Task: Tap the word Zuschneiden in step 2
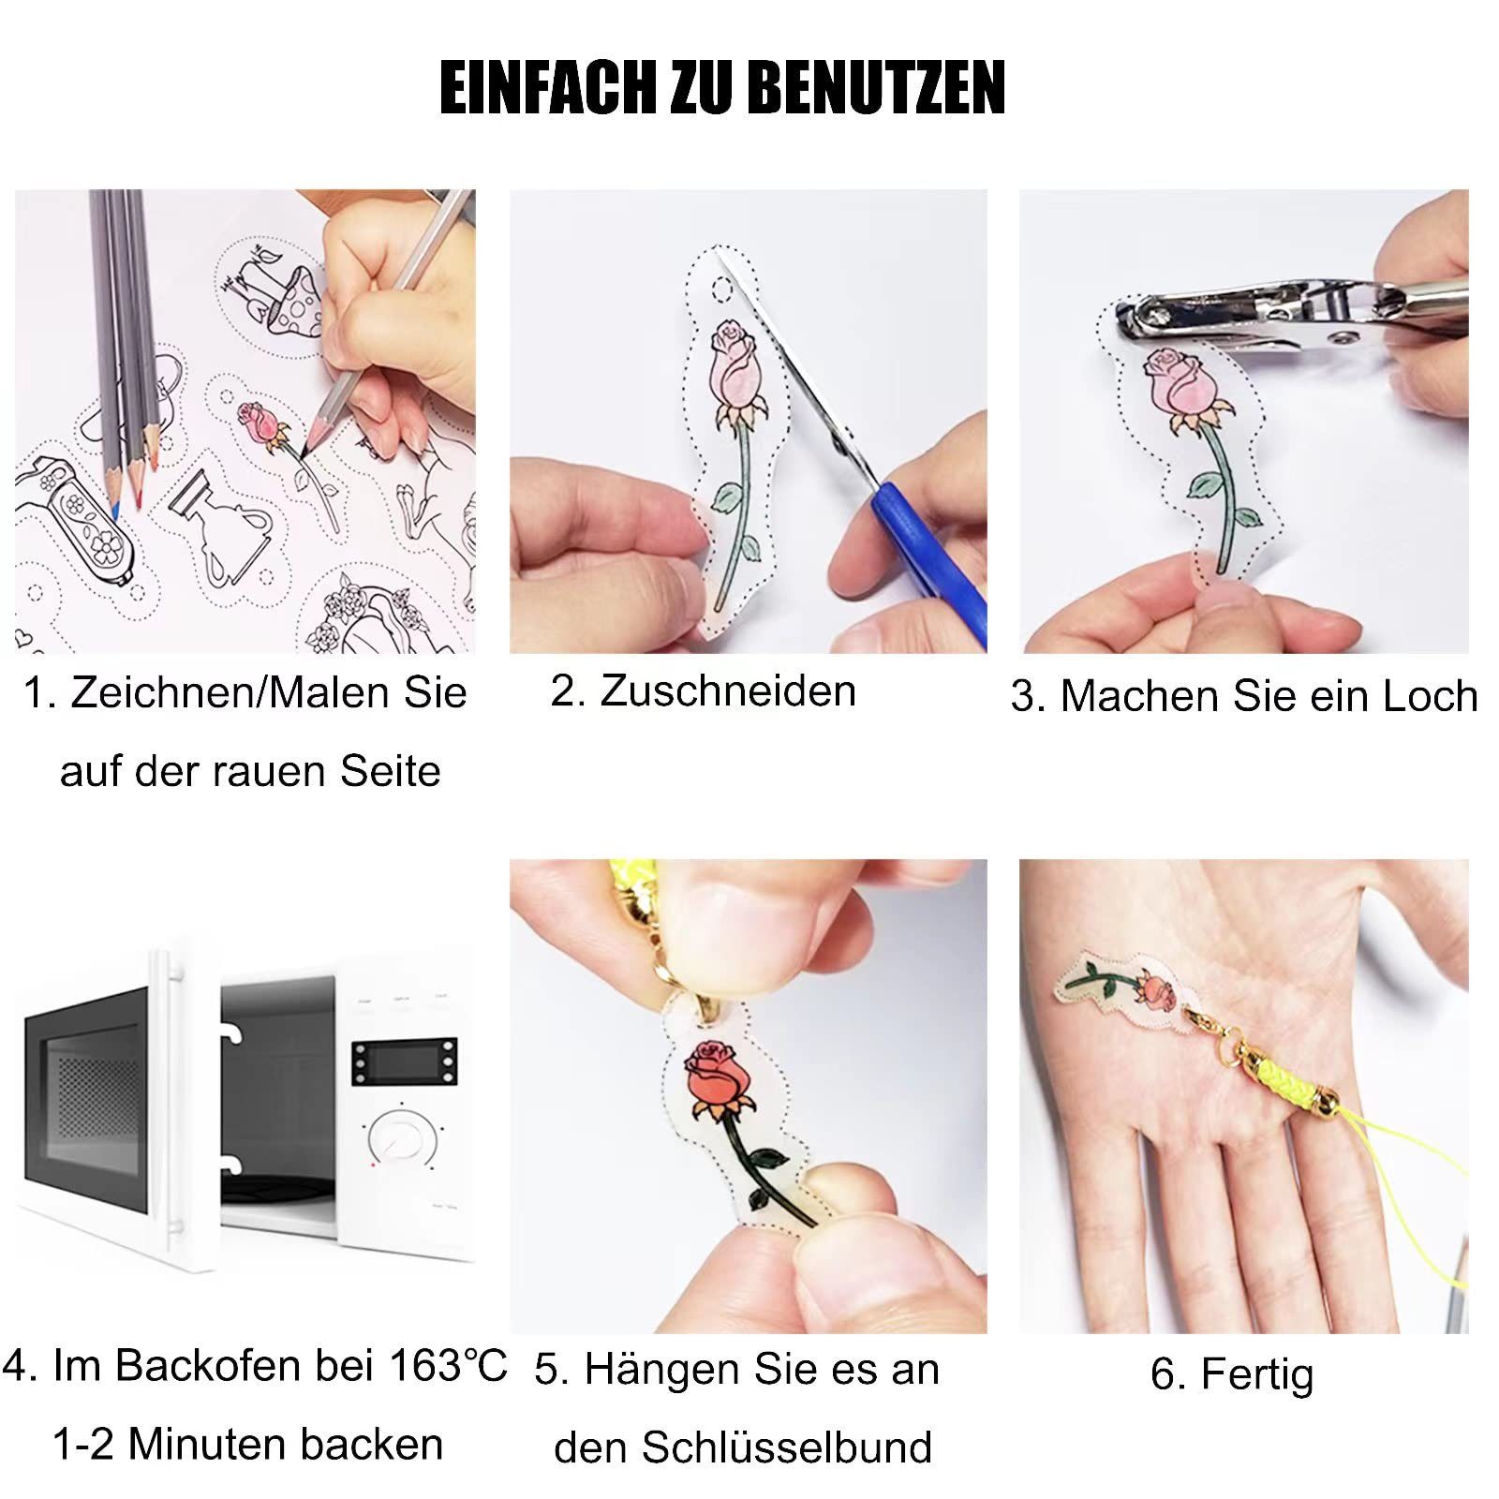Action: [728, 691]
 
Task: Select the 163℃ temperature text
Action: [448, 1365]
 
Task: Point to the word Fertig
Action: [1257, 1374]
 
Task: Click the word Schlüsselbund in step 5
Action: [787, 1447]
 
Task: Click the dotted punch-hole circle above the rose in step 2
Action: [721, 290]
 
